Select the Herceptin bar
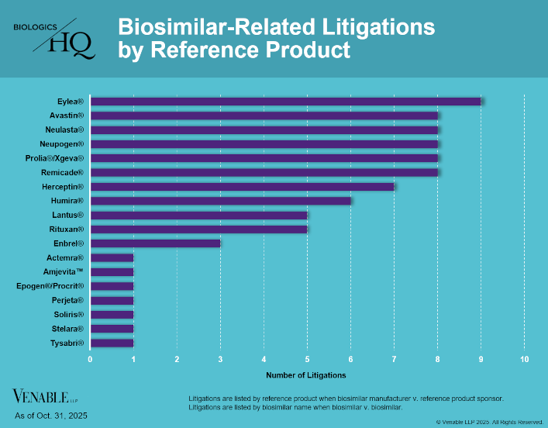[242, 186]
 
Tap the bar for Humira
[220, 200]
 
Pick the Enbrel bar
[155, 243]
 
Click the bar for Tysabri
[112, 342]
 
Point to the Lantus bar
[198, 215]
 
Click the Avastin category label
[66, 116]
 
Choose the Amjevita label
[64, 271]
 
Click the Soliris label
[68, 314]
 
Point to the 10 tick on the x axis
[525, 359]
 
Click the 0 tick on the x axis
[91, 359]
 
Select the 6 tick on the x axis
[351, 359]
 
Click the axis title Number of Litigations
[306, 375]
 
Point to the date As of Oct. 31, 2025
[50, 416]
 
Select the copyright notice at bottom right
[489, 422]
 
